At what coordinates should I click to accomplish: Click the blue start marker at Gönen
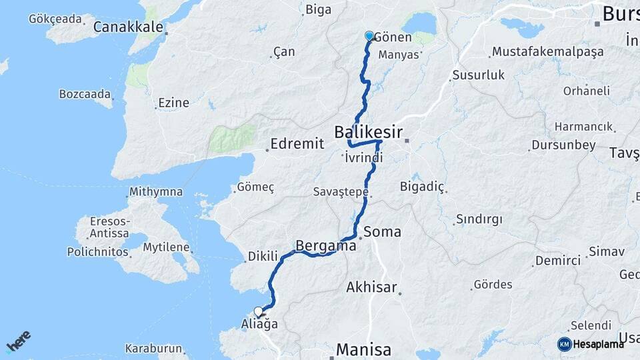[x=369, y=36]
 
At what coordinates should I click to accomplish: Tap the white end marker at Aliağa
[x=259, y=311]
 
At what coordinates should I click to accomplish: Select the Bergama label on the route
[x=325, y=245]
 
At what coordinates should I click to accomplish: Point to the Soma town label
[x=383, y=232]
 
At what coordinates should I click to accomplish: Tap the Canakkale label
[x=128, y=27]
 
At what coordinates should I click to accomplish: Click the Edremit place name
[x=297, y=143]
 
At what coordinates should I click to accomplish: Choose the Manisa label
[x=363, y=349]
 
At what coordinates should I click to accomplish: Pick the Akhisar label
[x=371, y=288]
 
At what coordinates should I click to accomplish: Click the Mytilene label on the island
[x=167, y=247]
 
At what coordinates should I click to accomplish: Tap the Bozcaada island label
[x=85, y=94]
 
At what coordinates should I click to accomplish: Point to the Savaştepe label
[x=341, y=192]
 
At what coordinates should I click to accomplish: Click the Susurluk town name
[x=478, y=75]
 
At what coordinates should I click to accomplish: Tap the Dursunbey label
[x=563, y=145]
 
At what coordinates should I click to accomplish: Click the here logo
[x=18, y=341]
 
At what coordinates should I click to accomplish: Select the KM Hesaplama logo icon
[x=564, y=344]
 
